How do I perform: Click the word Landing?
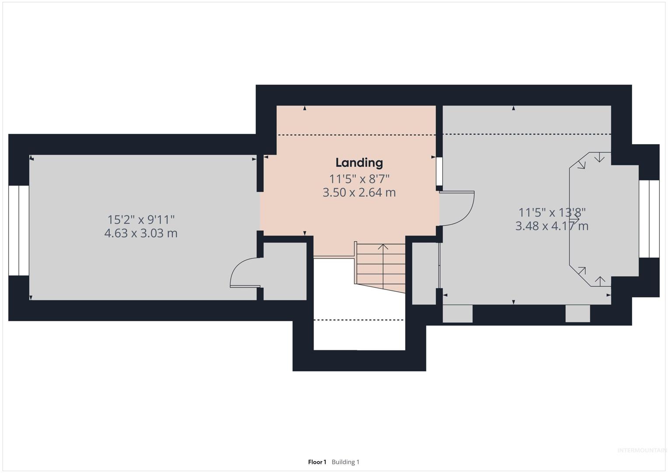pyautogui.click(x=359, y=163)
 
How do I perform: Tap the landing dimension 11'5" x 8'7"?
pyautogui.click(x=359, y=179)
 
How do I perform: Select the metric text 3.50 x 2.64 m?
pyautogui.click(x=359, y=192)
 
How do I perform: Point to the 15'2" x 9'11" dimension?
pyautogui.click(x=141, y=220)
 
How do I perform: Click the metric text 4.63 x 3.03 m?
pyautogui.click(x=141, y=233)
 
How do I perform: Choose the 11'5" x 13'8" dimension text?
pyautogui.click(x=552, y=212)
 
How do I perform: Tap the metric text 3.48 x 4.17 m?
pyautogui.click(x=552, y=226)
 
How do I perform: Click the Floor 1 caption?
pyautogui.click(x=317, y=462)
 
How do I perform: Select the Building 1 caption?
pyautogui.click(x=345, y=462)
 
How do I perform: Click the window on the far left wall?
pyautogui.click(x=19, y=230)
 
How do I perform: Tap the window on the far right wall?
pyautogui.click(x=649, y=219)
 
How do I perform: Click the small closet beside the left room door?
pyautogui.click(x=285, y=271)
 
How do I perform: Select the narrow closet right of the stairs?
pyautogui.click(x=424, y=273)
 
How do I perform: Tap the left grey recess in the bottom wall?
pyautogui.click(x=458, y=314)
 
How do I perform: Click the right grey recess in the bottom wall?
pyautogui.click(x=577, y=314)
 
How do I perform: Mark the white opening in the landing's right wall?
pyautogui.click(x=439, y=171)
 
